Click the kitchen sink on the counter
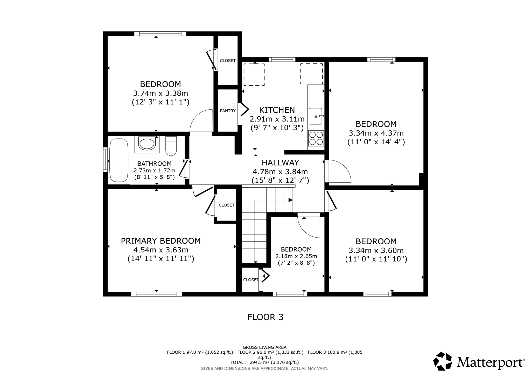(316, 116)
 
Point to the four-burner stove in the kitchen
(316, 138)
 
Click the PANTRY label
(228, 111)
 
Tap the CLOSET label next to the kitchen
(228, 61)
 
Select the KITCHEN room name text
(277, 110)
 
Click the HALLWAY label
(280, 163)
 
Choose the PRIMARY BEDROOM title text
(161, 241)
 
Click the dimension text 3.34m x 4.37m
(376, 133)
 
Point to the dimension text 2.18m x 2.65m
(296, 256)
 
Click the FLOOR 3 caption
(265, 317)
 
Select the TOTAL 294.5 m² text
(264, 362)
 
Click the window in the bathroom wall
(105, 159)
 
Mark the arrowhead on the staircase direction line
(291, 200)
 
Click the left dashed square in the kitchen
(254, 75)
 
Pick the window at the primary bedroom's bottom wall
(156, 294)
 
